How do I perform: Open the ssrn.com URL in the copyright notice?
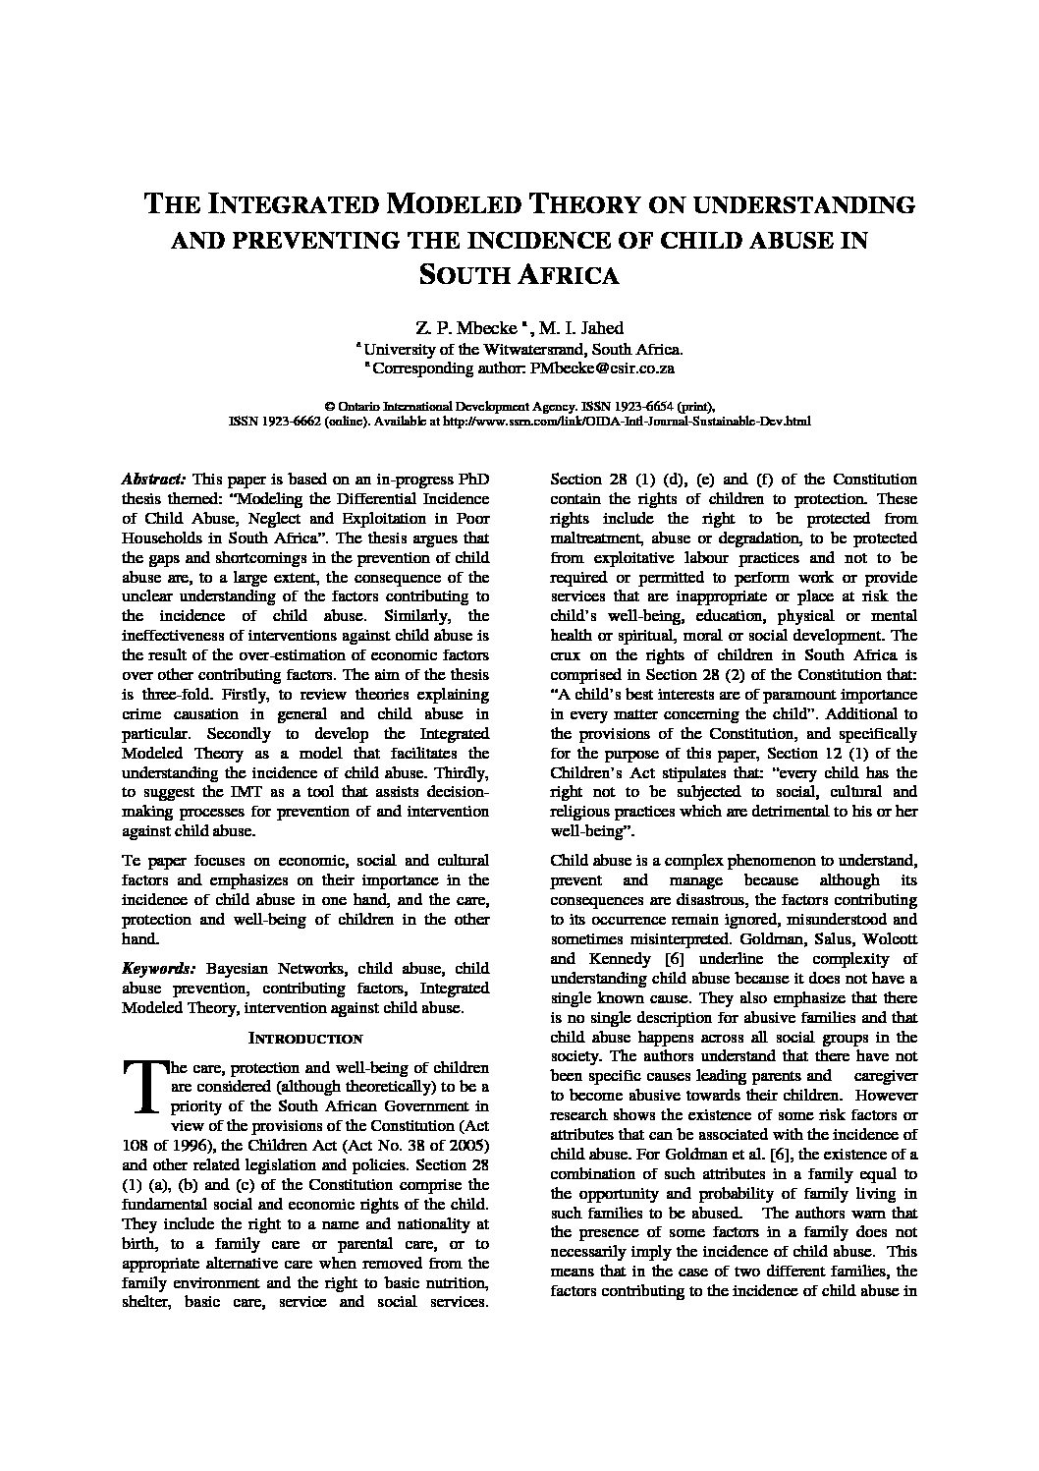pos(627,422)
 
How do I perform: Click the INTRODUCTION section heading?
pos(305,1039)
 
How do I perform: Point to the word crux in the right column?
pos(567,655)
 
